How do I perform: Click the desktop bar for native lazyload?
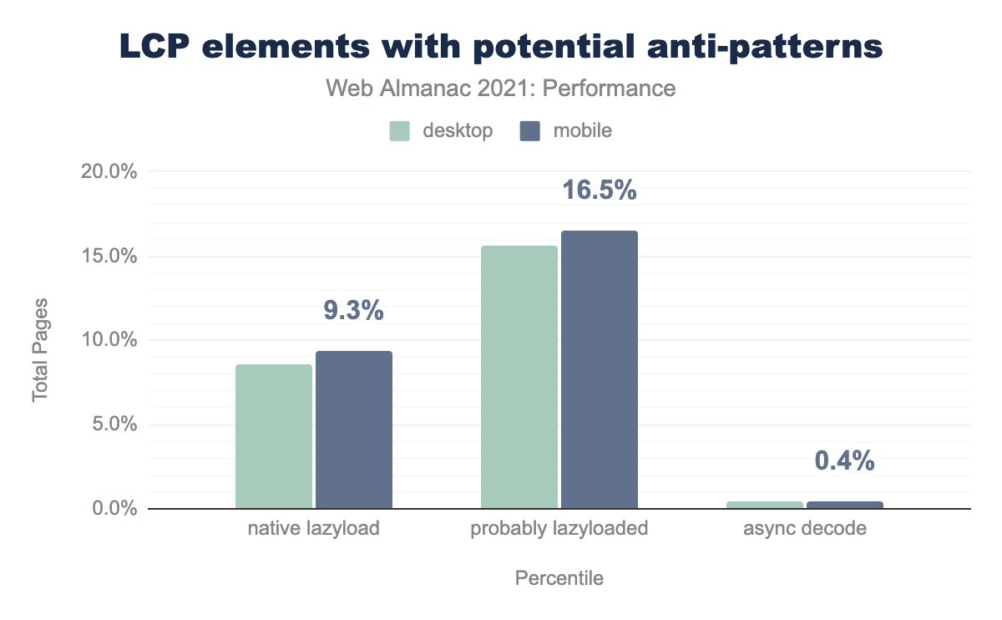274,436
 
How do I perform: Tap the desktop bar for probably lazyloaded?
519,377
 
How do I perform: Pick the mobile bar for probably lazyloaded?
599,369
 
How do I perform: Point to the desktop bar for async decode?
764,505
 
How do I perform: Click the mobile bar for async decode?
844,505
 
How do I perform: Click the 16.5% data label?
599,191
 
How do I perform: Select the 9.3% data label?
353,311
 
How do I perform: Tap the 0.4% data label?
844,460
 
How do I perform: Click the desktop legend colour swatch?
400,131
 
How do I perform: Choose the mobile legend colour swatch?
530,131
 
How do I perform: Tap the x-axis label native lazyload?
313,529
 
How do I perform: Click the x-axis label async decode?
804,529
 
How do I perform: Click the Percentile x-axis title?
559,578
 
